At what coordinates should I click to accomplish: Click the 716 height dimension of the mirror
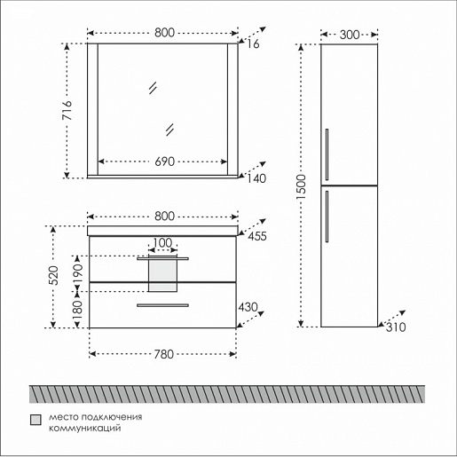[67, 110]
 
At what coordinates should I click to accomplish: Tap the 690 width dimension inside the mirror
[165, 162]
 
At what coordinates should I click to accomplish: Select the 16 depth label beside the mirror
[253, 44]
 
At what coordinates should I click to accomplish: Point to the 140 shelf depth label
[256, 178]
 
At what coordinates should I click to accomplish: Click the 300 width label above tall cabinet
[350, 35]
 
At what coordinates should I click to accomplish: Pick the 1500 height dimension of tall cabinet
[301, 187]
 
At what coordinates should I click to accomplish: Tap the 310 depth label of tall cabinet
[396, 327]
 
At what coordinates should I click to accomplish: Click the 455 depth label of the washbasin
[257, 236]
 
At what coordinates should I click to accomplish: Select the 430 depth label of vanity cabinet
[248, 307]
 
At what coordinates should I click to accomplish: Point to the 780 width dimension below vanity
[163, 354]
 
